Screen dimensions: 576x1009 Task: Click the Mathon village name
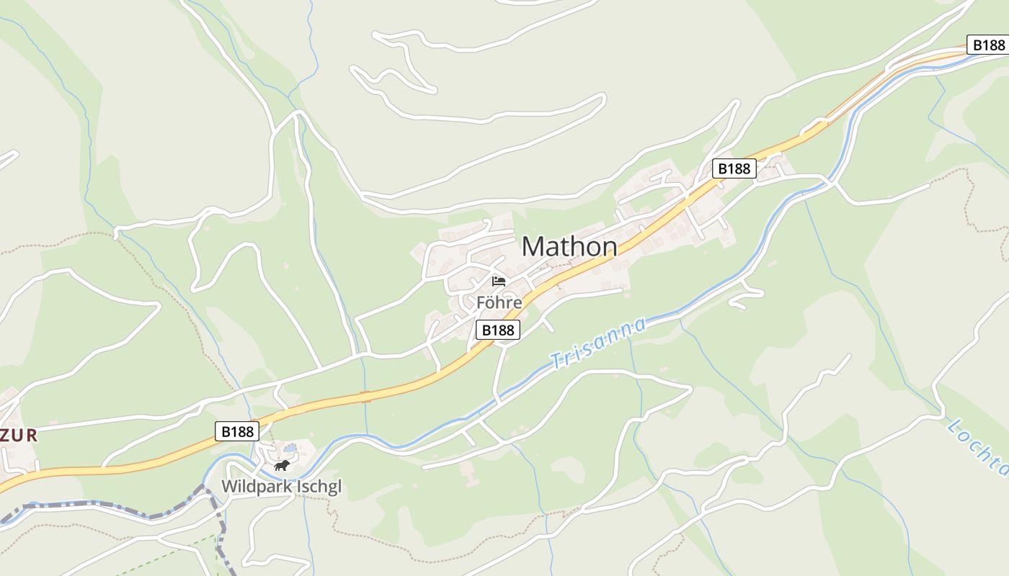pyautogui.click(x=569, y=247)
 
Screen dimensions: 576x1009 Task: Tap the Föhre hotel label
pyautogui.click(x=499, y=302)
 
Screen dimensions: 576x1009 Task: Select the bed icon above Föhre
pyautogui.click(x=499, y=282)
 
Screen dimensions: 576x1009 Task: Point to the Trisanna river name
pyautogui.click(x=598, y=343)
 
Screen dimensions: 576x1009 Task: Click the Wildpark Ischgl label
pyautogui.click(x=281, y=487)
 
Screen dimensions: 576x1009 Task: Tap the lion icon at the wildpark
pyautogui.click(x=282, y=466)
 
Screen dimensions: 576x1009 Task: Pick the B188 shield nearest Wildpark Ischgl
pyautogui.click(x=237, y=431)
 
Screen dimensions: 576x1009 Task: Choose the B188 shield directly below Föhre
pyautogui.click(x=497, y=330)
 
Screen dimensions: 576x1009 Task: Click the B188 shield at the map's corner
pyautogui.click(x=987, y=45)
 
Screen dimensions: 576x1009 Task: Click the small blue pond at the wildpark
pyautogui.click(x=290, y=448)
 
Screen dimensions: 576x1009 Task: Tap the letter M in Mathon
pyautogui.click(x=532, y=247)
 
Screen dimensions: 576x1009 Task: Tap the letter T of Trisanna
pyautogui.click(x=556, y=359)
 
